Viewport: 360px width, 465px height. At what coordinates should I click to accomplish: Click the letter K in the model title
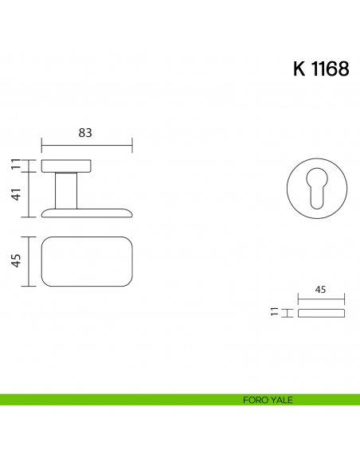(299, 69)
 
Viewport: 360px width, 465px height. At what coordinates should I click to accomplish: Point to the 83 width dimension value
(86, 133)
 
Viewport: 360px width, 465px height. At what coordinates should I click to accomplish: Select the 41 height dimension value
(16, 194)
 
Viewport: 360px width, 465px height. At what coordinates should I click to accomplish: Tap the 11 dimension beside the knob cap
(16, 165)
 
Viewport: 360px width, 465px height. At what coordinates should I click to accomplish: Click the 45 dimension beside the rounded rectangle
(16, 261)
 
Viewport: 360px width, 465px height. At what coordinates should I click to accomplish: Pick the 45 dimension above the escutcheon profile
(322, 291)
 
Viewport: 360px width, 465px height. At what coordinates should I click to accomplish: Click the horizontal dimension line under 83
(86, 146)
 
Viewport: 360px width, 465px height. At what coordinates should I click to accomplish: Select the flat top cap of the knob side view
(66, 166)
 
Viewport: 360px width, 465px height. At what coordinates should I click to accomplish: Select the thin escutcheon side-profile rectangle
(322, 314)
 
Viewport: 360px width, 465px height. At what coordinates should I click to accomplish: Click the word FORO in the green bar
(255, 400)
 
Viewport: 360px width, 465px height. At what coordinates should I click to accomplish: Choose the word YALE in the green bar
(281, 400)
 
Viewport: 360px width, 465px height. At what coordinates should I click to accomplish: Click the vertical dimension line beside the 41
(30, 194)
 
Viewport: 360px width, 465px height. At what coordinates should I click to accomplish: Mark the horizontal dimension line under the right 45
(322, 300)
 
